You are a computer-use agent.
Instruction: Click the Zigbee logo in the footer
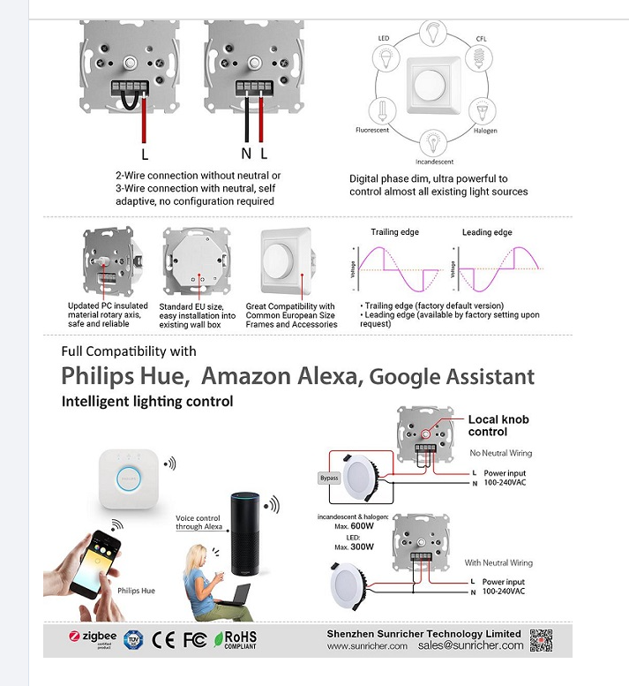92,637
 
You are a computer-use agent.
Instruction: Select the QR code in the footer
541,639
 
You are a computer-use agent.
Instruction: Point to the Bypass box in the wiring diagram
328,478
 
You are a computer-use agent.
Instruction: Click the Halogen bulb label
485,131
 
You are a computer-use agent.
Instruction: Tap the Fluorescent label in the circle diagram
371,131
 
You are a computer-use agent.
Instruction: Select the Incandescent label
433,162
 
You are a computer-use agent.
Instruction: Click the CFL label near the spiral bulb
482,39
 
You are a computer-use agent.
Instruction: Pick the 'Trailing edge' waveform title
394,232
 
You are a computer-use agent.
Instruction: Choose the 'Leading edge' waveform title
486,232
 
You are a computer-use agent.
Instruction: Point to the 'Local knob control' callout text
498,426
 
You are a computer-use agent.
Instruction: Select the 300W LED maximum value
362,547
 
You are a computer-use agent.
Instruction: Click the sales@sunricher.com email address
471,645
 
